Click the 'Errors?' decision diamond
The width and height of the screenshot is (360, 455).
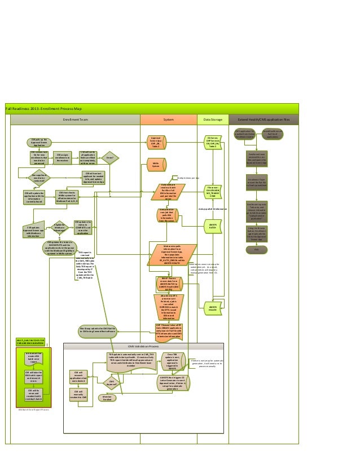click(x=109, y=158)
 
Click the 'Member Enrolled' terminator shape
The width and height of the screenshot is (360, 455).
click(x=107, y=398)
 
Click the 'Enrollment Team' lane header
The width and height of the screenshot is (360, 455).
click(x=75, y=120)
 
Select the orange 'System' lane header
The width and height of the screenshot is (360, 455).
click(x=168, y=120)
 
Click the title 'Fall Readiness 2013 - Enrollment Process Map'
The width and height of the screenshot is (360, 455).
click(x=43, y=108)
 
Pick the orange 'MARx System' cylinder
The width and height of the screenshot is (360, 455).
click(x=156, y=165)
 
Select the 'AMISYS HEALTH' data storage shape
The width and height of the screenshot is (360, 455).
click(x=213, y=308)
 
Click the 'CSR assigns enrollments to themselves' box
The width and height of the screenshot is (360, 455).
click(x=63, y=158)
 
